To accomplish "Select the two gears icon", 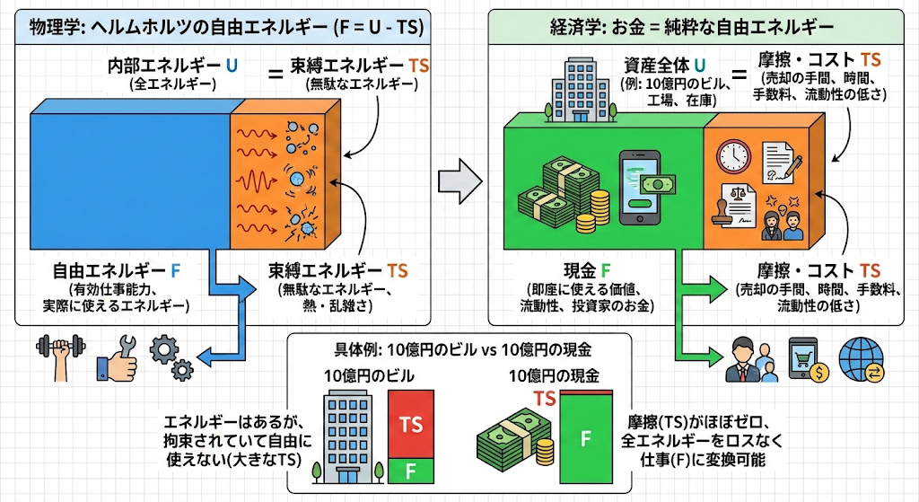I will coord(170,356).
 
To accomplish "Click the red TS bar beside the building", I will coord(412,422).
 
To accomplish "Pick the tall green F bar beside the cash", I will coord(585,438).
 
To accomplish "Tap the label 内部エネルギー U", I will coord(172,66).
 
